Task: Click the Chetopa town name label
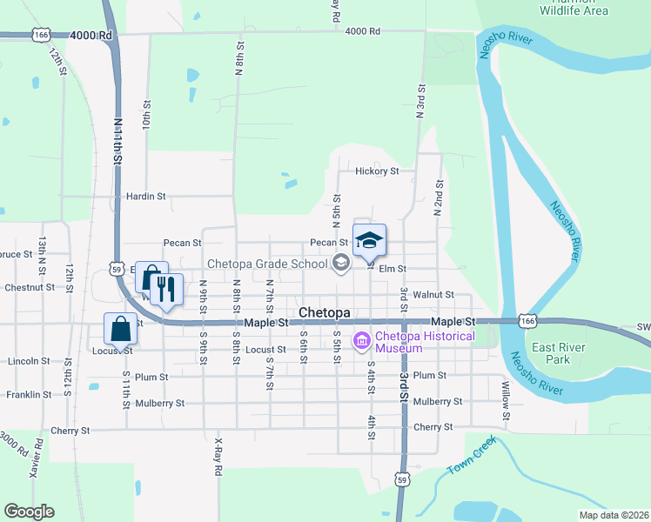324,312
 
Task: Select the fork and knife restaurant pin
165,290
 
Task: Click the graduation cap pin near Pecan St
369,239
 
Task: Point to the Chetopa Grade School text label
266,264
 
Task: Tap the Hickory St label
376,171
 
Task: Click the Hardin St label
145,197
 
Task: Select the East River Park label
556,353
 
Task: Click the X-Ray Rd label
218,458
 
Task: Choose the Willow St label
504,399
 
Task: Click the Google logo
29,512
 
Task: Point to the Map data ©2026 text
613,515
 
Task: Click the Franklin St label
26,394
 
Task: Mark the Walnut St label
433,296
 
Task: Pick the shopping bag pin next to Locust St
120,329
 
